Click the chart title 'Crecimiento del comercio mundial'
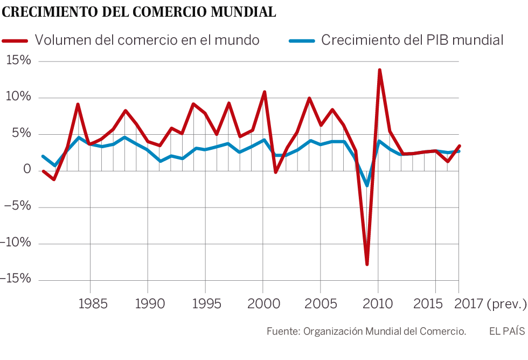coord(140,12)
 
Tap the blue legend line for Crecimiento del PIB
coord(302,40)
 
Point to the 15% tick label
coord(19,61)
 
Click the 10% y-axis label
coord(19,98)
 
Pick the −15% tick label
coord(16,279)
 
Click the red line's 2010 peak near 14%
coord(379,70)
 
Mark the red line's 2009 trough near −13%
coord(367,264)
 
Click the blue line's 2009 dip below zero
coord(367,185)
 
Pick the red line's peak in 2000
coord(264,92)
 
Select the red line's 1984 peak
coord(78,105)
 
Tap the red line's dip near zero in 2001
coord(275,172)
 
